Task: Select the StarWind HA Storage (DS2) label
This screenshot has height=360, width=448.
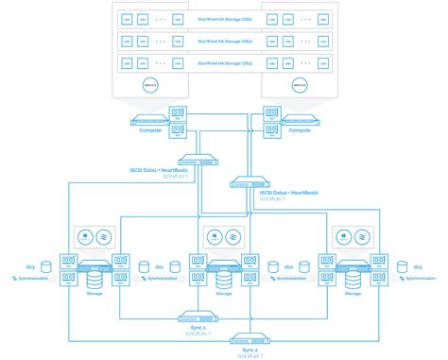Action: [x=224, y=41]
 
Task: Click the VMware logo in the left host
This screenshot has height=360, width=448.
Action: [x=148, y=83]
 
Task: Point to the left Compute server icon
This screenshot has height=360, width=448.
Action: [x=148, y=120]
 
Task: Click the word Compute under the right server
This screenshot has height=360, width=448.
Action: [x=300, y=130]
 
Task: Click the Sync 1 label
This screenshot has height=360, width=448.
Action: [x=198, y=327]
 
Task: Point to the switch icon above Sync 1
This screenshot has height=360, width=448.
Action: [x=198, y=317]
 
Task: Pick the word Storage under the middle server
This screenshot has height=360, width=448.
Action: [x=224, y=293]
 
